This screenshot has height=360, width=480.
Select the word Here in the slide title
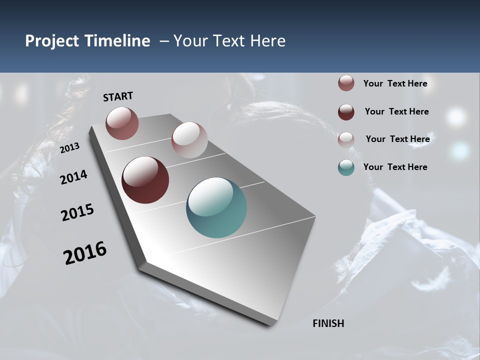tap(267, 41)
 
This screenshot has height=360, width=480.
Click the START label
tap(118, 96)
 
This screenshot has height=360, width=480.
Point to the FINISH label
tap(328, 323)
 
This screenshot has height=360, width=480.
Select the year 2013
tap(69, 148)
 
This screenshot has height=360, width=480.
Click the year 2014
tap(74, 177)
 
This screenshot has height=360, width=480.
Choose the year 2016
tap(85, 253)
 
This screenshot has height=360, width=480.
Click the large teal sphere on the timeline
tap(216, 207)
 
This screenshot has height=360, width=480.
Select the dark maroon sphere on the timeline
tap(145, 180)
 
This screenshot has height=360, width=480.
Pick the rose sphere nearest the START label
tap(122, 123)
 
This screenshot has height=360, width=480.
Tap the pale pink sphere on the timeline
tap(189, 140)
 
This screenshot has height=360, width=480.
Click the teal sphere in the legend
tap(346, 167)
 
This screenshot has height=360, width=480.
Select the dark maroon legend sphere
tap(346, 112)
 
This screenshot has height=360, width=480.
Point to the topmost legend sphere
tap(346, 83)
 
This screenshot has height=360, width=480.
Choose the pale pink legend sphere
tap(346, 139)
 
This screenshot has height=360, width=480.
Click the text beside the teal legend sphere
tap(395, 167)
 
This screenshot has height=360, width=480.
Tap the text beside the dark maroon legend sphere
tap(396, 111)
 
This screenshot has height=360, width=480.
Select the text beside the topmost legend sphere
tap(395, 83)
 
